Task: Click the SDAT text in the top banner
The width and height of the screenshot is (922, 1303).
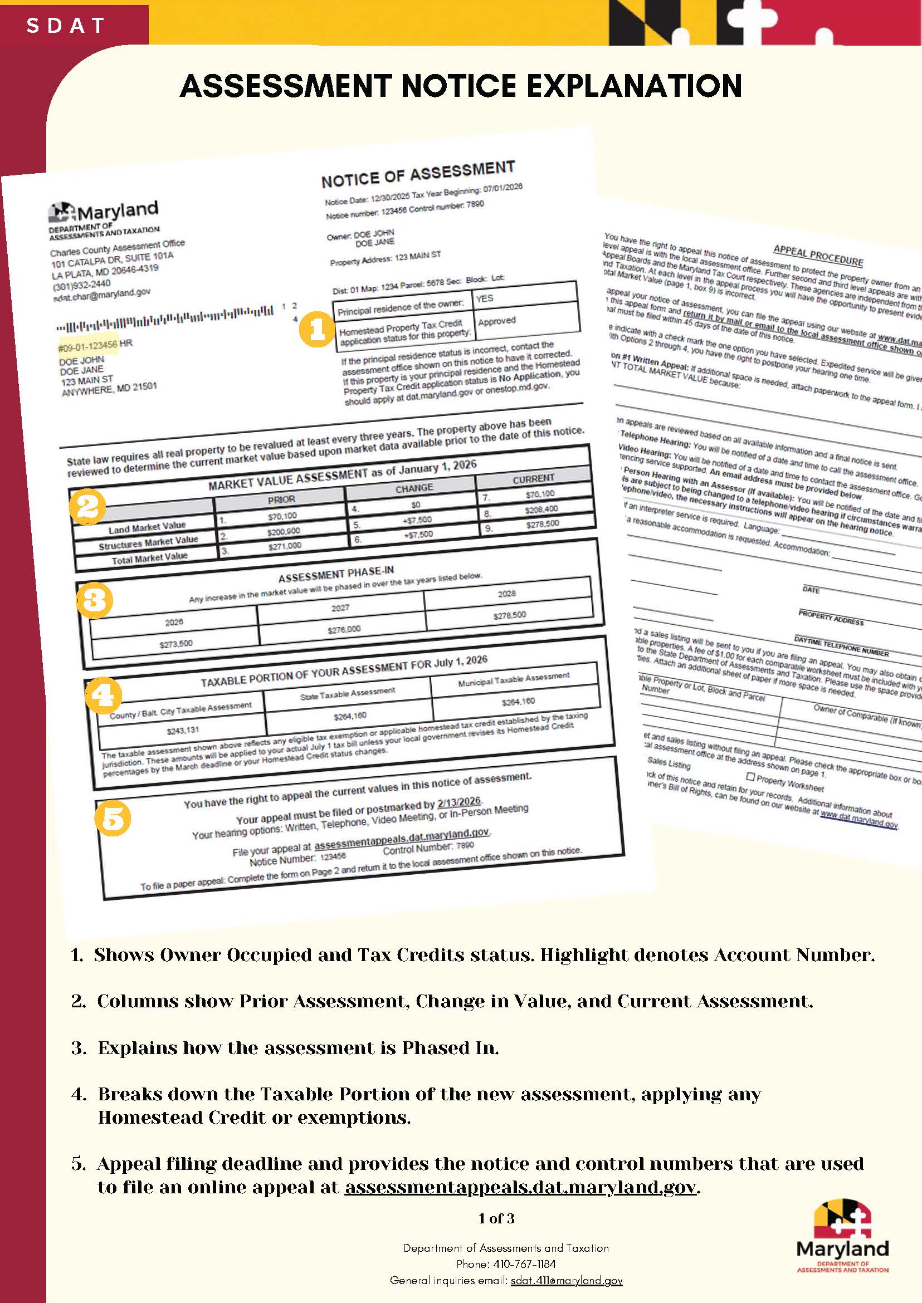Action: coord(66,26)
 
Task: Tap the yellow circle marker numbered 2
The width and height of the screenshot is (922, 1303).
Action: coord(87,506)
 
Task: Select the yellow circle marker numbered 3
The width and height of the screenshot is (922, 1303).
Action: coord(94,600)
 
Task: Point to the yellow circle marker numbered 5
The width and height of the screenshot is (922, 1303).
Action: coord(113,818)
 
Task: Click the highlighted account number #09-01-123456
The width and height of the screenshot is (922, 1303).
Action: coord(88,345)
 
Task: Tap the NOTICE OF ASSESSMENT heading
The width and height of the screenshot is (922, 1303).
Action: coord(418,174)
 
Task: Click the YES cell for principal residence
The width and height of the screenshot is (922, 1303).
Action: coord(485,298)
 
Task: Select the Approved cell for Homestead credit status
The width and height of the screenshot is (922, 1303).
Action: coord(497,321)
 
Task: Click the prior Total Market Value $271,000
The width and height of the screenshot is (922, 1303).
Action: coord(285,545)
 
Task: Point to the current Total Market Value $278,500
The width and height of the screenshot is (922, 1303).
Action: coord(542,524)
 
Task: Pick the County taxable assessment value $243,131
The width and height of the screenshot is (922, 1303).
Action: coord(183,730)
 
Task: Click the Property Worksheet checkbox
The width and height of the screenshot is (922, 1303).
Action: coord(750,776)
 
